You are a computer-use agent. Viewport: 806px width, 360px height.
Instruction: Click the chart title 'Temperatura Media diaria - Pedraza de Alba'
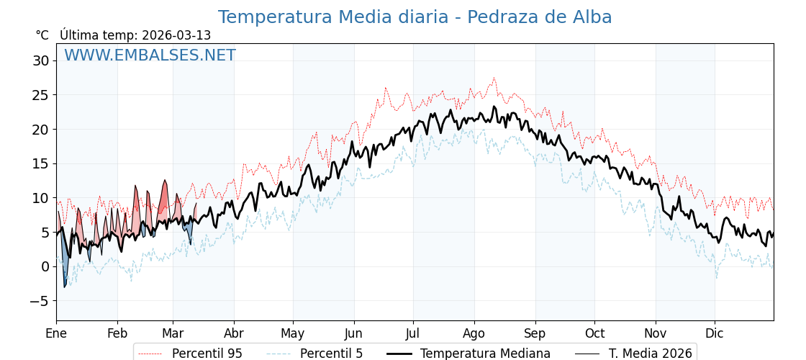click(x=415, y=17)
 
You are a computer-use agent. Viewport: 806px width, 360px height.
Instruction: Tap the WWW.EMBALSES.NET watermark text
click(x=150, y=55)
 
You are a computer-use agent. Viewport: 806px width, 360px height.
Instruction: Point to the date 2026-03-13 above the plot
click(x=176, y=35)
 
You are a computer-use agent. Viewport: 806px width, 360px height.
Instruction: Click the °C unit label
click(x=42, y=35)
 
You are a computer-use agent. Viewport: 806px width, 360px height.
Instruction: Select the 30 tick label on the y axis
click(x=40, y=60)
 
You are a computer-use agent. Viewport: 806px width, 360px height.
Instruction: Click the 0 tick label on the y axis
click(x=45, y=266)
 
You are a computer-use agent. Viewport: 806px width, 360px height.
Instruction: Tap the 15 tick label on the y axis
click(x=40, y=163)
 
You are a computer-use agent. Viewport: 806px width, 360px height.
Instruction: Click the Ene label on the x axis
click(x=56, y=333)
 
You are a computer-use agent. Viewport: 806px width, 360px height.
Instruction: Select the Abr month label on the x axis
click(x=234, y=333)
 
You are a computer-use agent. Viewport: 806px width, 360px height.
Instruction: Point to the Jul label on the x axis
click(x=413, y=333)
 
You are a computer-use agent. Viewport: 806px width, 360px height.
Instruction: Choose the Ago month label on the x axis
click(x=474, y=333)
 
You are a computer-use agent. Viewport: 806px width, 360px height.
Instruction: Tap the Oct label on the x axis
click(x=594, y=333)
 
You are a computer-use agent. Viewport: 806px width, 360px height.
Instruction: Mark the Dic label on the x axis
click(x=715, y=333)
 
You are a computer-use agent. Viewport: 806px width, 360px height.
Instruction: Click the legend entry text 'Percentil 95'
click(x=207, y=354)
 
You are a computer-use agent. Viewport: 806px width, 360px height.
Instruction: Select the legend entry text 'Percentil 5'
click(x=331, y=354)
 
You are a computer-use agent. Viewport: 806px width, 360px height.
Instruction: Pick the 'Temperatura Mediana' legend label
click(x=485, y=354)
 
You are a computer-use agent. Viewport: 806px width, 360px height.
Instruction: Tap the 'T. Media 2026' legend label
click(x=651, y=354)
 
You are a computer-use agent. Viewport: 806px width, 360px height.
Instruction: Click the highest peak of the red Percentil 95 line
click(x=494, y=78)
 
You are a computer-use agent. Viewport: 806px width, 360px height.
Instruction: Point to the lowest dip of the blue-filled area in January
click(x=64, y=287)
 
